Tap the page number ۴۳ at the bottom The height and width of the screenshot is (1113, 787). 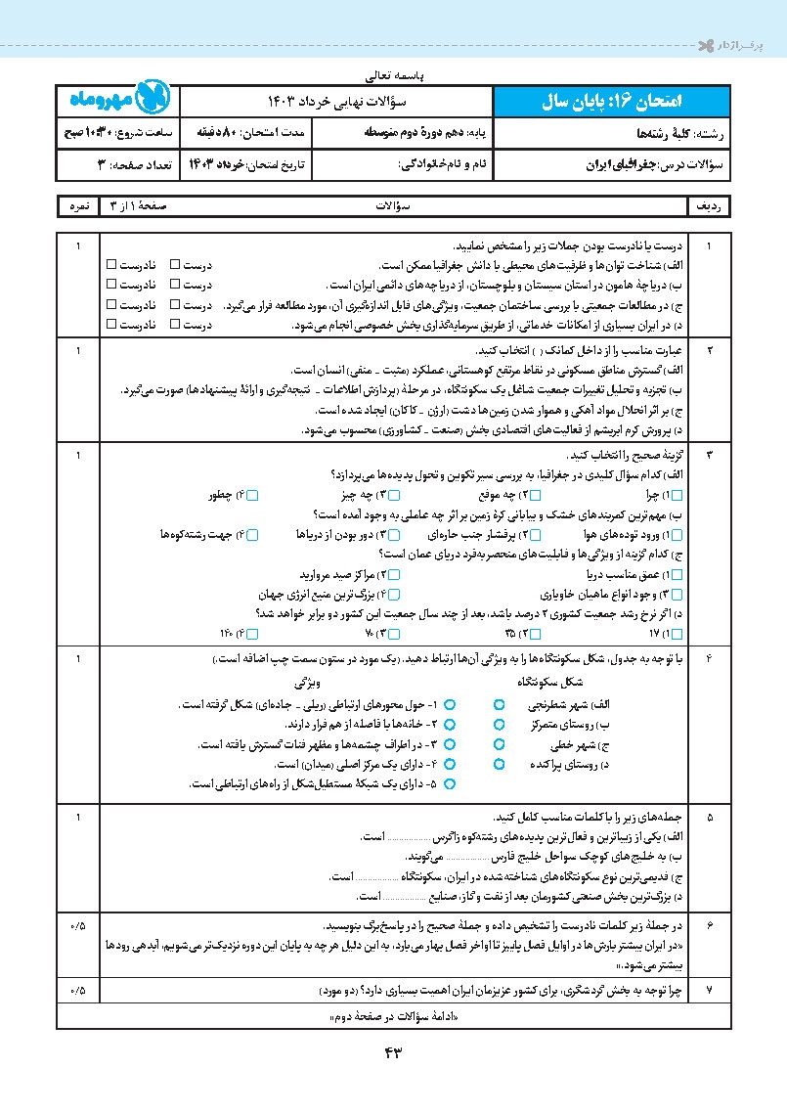pyautogui.click(x=394, y=1051)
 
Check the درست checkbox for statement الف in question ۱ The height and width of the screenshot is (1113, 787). pyautogui.click(x=175, y=265)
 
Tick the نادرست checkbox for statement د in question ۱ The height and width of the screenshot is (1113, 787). pyautogui.click(x=110, y=324)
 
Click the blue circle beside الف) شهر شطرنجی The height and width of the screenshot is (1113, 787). pyautogui.click(x=499, y=703)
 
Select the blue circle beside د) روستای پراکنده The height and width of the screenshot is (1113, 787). pyautogui.click(x=499, y=765)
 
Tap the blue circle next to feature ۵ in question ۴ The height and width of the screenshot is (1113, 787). pyautogui.click(x=451, y=784)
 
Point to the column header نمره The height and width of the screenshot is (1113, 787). pyautogui.click(x=78, y=207)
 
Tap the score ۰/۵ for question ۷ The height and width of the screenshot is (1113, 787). pyautogui.click(x=78, y=990)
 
